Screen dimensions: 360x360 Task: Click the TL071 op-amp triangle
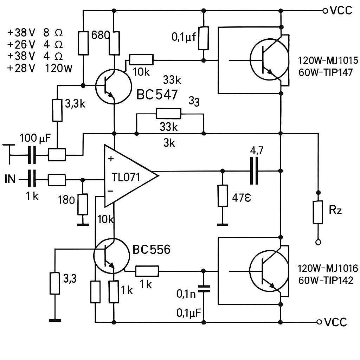(131, 176)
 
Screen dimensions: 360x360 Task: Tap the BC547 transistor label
(157, 94)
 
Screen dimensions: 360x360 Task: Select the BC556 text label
(152, 249)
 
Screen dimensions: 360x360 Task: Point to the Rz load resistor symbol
(318, 212)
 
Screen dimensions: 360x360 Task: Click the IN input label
(10, 179)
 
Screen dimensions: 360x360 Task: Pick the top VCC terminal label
(341, 10)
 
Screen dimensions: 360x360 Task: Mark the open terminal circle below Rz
(318, 242)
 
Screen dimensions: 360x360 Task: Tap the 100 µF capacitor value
(35, 138)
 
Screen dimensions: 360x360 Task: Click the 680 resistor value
(100, 35)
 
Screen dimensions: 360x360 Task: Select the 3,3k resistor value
(75, 104)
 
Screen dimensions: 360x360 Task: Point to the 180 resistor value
(66, 200)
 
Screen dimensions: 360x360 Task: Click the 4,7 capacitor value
(257, 151)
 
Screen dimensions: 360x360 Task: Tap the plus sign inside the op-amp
(111, 159)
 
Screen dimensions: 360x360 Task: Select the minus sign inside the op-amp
(110, 191)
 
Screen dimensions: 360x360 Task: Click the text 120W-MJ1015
(328, 60)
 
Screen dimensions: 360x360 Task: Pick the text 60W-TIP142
(326, 280)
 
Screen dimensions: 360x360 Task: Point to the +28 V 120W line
(40, 68)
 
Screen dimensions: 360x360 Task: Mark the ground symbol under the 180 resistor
(83, 224)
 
